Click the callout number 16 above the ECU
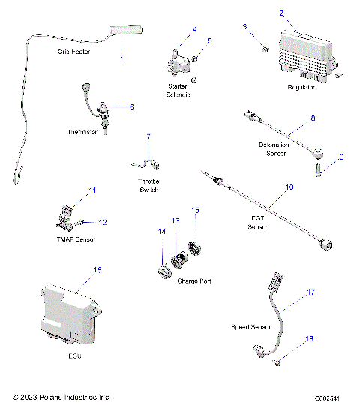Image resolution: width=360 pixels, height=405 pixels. coord(97,269)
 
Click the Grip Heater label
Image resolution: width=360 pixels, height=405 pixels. coord(74,52)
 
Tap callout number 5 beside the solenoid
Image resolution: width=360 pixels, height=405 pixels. coord(209,40)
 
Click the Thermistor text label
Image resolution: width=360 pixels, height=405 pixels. coord(83,132)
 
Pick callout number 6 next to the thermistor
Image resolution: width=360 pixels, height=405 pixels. coord(131,106)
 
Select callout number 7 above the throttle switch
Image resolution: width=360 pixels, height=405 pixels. coord(148,137)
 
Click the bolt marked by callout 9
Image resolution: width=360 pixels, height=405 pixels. coord(318,172)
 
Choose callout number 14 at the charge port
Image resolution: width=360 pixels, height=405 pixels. coord(160,232)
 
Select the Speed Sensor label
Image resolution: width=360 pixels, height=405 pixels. coord(251,328)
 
